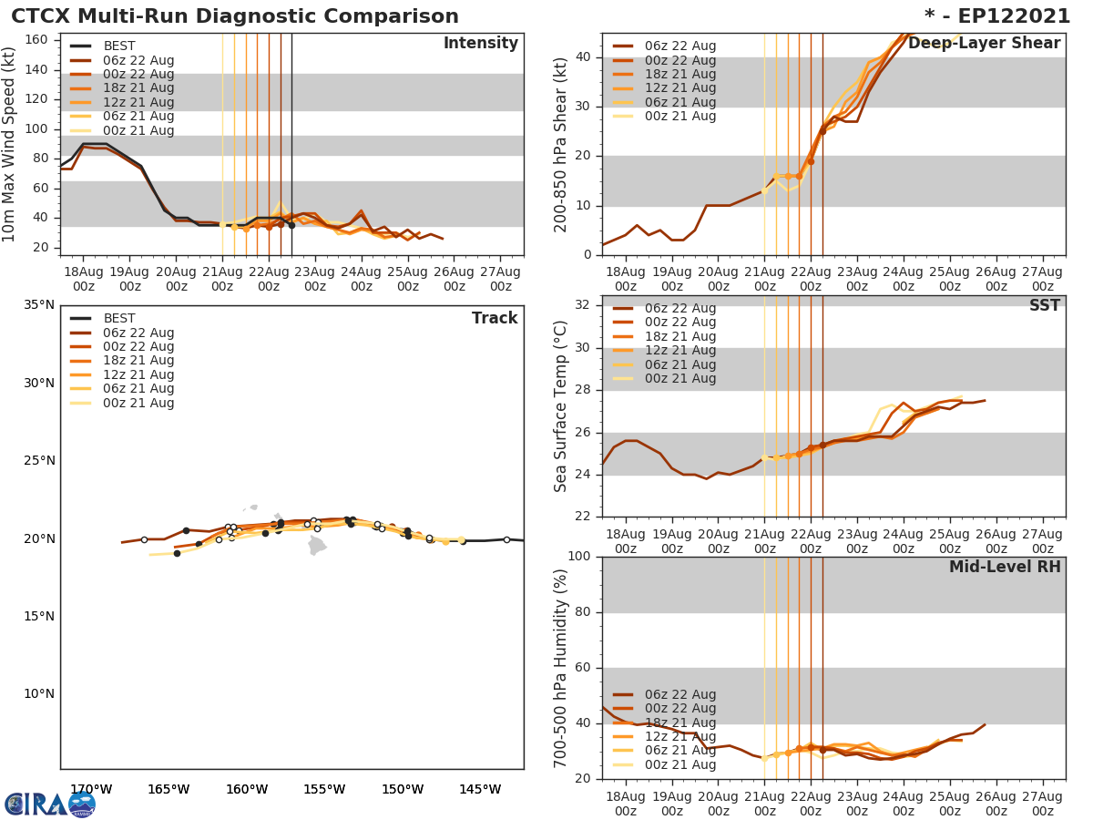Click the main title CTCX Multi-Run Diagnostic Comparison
235,16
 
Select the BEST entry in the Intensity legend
118,46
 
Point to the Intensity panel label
481,44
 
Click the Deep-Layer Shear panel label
984,44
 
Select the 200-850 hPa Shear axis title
561,144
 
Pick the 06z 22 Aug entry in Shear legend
679,46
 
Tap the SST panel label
1044,306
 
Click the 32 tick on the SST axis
584,305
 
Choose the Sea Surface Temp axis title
561,406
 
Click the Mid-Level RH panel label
1005,568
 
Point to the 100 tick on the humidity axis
580,557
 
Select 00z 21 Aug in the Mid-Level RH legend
679,765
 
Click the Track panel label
494,319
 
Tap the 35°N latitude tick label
38,305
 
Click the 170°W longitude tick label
91,789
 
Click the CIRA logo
49,804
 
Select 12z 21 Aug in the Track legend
138,375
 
